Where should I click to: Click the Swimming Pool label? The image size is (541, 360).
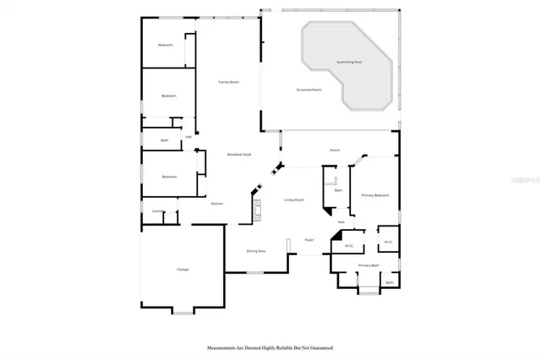348,62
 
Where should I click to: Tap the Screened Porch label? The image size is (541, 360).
309,89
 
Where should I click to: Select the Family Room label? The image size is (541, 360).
228,82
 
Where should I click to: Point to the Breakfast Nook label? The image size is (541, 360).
239,154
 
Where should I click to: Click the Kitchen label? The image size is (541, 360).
216,204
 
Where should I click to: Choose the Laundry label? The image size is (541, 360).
158,210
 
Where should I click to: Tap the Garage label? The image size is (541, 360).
183,269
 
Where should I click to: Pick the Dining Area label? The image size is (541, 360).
256,251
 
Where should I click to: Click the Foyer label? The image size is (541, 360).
309,240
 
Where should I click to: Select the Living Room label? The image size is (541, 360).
293,200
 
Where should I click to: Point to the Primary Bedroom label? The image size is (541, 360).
375,195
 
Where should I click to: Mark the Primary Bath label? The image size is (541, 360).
368,265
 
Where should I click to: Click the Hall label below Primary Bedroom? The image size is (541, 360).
342,222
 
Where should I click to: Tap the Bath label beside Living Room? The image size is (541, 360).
338,190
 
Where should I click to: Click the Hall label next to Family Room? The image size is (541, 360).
189,136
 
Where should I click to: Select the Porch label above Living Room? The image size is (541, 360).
335,150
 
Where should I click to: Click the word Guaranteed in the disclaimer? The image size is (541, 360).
318,347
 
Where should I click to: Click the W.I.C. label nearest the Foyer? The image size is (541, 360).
348,245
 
